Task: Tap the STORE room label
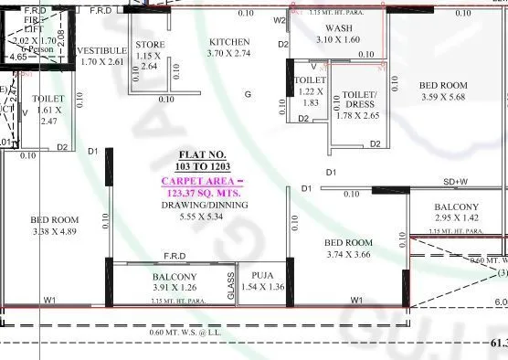pos(150,45)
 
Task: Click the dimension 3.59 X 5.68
pos(443,97)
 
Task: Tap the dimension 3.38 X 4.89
pos(55,231)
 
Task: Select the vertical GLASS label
pos(230,290)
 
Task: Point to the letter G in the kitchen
pos(247,94)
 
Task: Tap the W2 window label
pos(280,20)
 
